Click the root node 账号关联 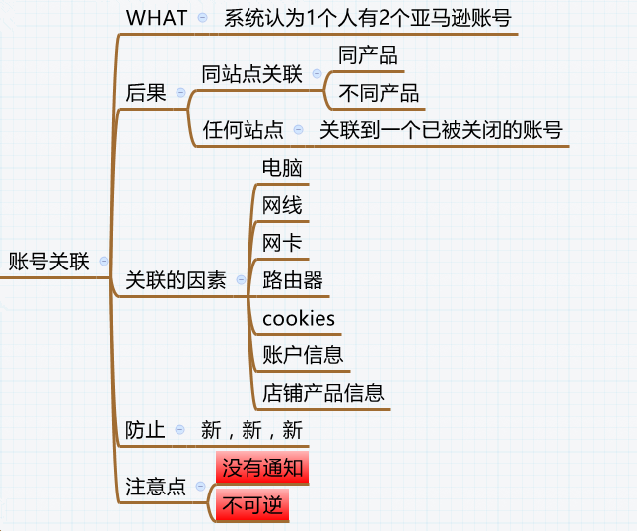point(48,262)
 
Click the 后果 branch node point(145,92)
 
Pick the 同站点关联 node point(251,75)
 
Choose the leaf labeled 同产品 point(368,55)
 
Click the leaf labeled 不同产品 point(379,93)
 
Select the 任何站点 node point(243,130)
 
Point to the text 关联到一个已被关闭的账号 point(441,130)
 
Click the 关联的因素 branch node point(176,280)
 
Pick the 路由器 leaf point(293,280)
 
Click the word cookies point(299,318)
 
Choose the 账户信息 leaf point(303,355)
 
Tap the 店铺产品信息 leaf point(322,393)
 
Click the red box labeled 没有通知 point(262,468)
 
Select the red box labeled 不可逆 point(252,505)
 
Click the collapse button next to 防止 point(179,430)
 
